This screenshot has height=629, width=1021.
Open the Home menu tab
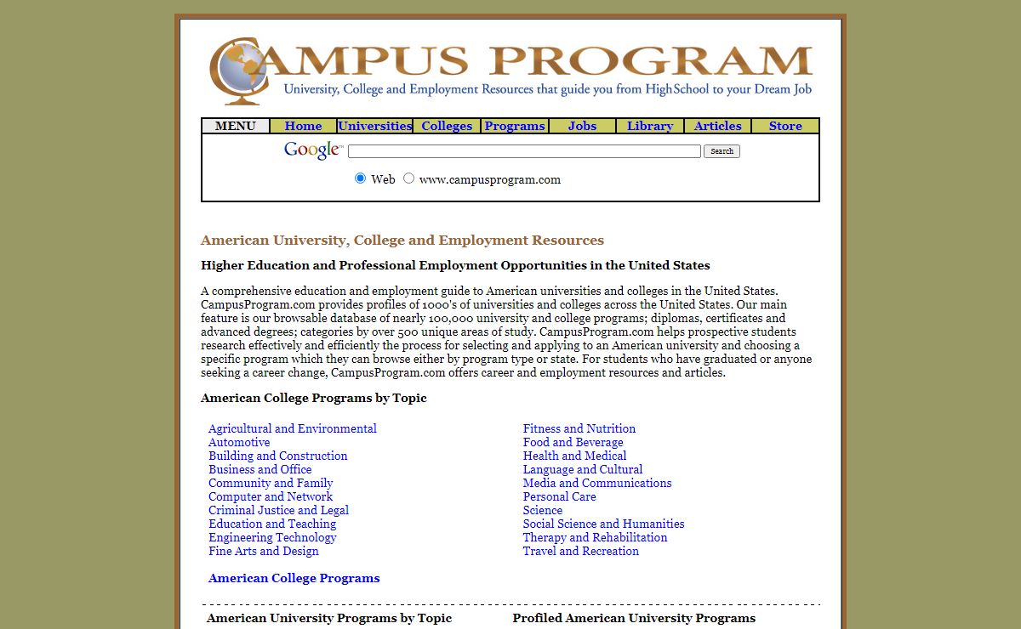point(303,126)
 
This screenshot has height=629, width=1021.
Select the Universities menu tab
point(374,126)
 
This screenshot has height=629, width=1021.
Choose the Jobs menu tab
point(582,126)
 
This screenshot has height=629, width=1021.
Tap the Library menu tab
point(650,126)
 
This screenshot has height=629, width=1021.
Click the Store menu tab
point(785,126)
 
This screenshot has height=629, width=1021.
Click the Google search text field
point(524,151)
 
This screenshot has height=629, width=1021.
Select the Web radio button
point(361,178)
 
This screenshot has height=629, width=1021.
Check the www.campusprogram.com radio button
point(409,178)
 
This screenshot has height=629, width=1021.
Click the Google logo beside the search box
point(312,150)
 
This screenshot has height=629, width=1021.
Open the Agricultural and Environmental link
point(293,428)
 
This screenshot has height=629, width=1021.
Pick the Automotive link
point(239,442)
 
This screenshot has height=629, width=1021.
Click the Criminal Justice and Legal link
point(278,510)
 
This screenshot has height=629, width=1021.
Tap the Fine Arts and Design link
point(264,551)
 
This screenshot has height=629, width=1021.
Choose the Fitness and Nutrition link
point(579,428)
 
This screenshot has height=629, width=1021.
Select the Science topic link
point(543,510)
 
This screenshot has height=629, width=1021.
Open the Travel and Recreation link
point(581,551)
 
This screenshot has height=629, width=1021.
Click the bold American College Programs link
point(294,578)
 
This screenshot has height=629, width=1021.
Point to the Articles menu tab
point(717,126)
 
